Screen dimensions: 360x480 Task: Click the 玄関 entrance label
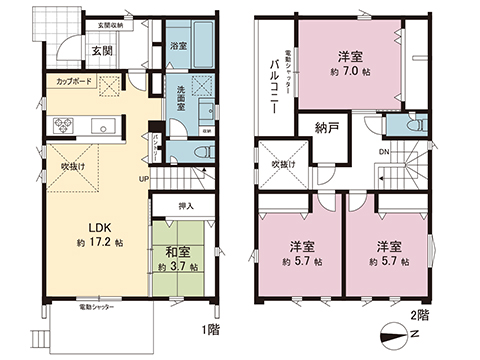tap(102, 50)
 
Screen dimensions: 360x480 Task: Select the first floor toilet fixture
tap(199, 151)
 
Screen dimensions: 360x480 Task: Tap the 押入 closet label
tap(184, 206)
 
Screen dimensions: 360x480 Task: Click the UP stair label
tap(145, 179)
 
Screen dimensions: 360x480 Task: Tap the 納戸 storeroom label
tap(325, 128)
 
